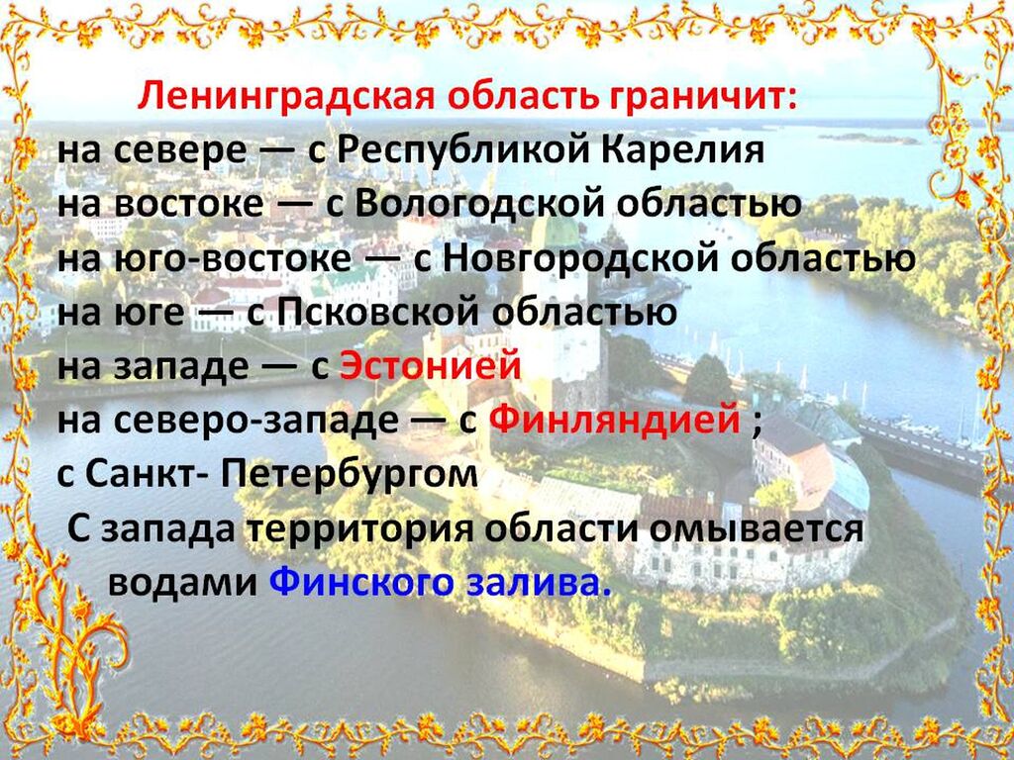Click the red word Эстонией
(x=431, y=366)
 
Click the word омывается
(x=757, y=529)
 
